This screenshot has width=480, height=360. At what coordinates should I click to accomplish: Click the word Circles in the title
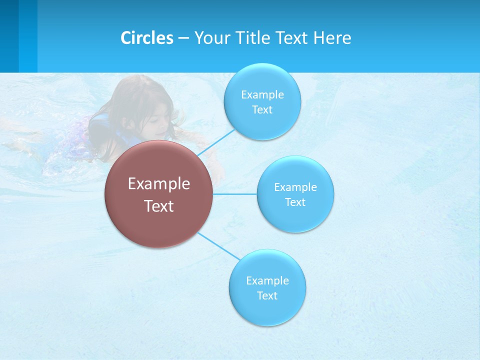[146, 38]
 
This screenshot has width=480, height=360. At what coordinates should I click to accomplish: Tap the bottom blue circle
[267, 310]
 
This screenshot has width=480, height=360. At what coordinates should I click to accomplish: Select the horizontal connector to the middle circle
[235, 194]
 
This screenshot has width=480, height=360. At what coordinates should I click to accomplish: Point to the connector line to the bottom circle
[218, 245]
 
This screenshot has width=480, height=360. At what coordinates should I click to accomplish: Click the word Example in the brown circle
[159, 183]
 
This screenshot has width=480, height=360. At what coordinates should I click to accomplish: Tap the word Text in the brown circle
[159, 206]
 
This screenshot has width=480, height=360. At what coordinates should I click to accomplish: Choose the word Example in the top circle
[262, 94]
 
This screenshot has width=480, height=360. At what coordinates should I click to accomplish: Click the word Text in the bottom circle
[267, 295]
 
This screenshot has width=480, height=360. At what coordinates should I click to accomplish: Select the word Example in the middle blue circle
[295, 187]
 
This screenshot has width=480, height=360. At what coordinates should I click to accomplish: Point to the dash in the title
[183, 38]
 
